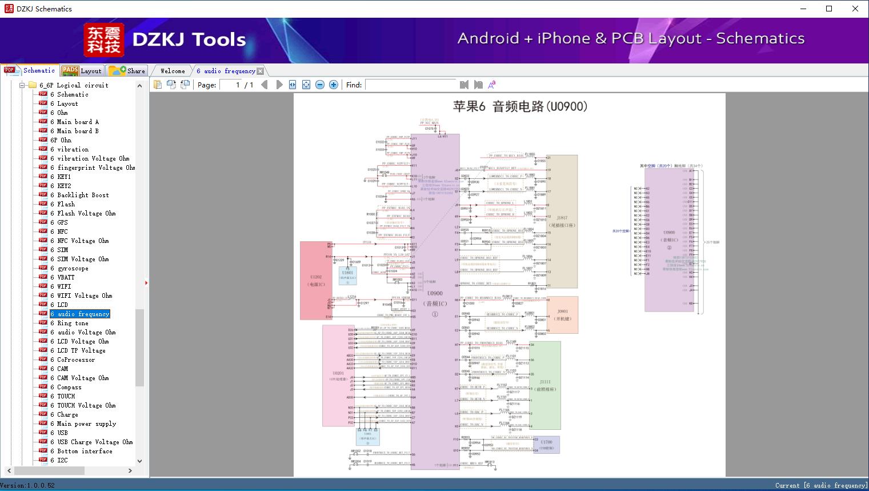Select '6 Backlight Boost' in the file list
point(82,195)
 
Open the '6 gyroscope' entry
point(73,268)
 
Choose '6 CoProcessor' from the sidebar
point(75,360)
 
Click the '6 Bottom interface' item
point(84,451)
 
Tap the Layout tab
point(82,71)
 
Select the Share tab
point(128,71)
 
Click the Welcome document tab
point(173,71)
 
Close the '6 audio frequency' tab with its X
point(261,71)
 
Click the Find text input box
point(410,85)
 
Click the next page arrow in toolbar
point(279,85)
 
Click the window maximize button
point(829,9)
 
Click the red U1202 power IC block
point(316,280)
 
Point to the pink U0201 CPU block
point(338,376)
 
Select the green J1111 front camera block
point(545,385)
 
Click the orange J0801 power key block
point(563,315)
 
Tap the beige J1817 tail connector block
point(562,221)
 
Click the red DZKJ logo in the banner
point(103,39)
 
